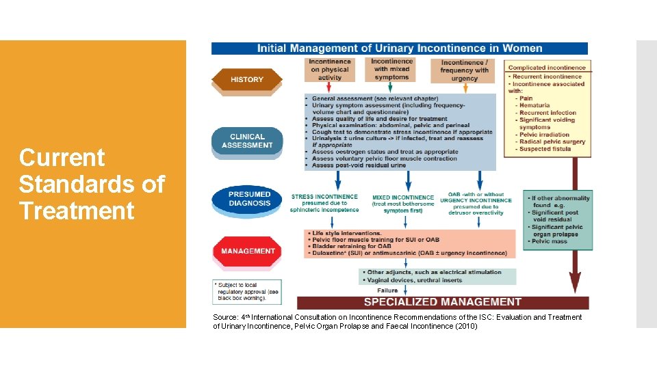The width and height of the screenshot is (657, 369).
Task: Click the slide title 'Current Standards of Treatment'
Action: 92,184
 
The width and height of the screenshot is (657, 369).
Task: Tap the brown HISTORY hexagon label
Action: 247,79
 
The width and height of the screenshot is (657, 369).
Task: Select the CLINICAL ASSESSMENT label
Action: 247,141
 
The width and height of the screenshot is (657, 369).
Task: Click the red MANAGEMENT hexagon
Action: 248,251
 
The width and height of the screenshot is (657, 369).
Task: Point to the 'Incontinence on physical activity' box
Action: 330,70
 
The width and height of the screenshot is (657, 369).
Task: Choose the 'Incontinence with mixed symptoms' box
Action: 391,69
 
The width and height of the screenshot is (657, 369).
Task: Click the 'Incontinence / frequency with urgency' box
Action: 465,70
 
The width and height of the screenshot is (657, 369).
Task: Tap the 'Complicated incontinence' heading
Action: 547,68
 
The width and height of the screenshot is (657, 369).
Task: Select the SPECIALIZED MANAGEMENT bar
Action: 442,302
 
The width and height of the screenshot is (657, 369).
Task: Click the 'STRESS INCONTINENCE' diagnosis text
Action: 324,197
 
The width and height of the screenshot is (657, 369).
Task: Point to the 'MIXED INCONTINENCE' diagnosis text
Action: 403,197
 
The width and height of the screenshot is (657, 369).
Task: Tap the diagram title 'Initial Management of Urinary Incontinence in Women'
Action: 400,49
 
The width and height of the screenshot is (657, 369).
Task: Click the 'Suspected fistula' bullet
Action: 545,149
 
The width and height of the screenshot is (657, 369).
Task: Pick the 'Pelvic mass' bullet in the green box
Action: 551,241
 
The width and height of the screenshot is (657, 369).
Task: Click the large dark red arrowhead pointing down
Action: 575,282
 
